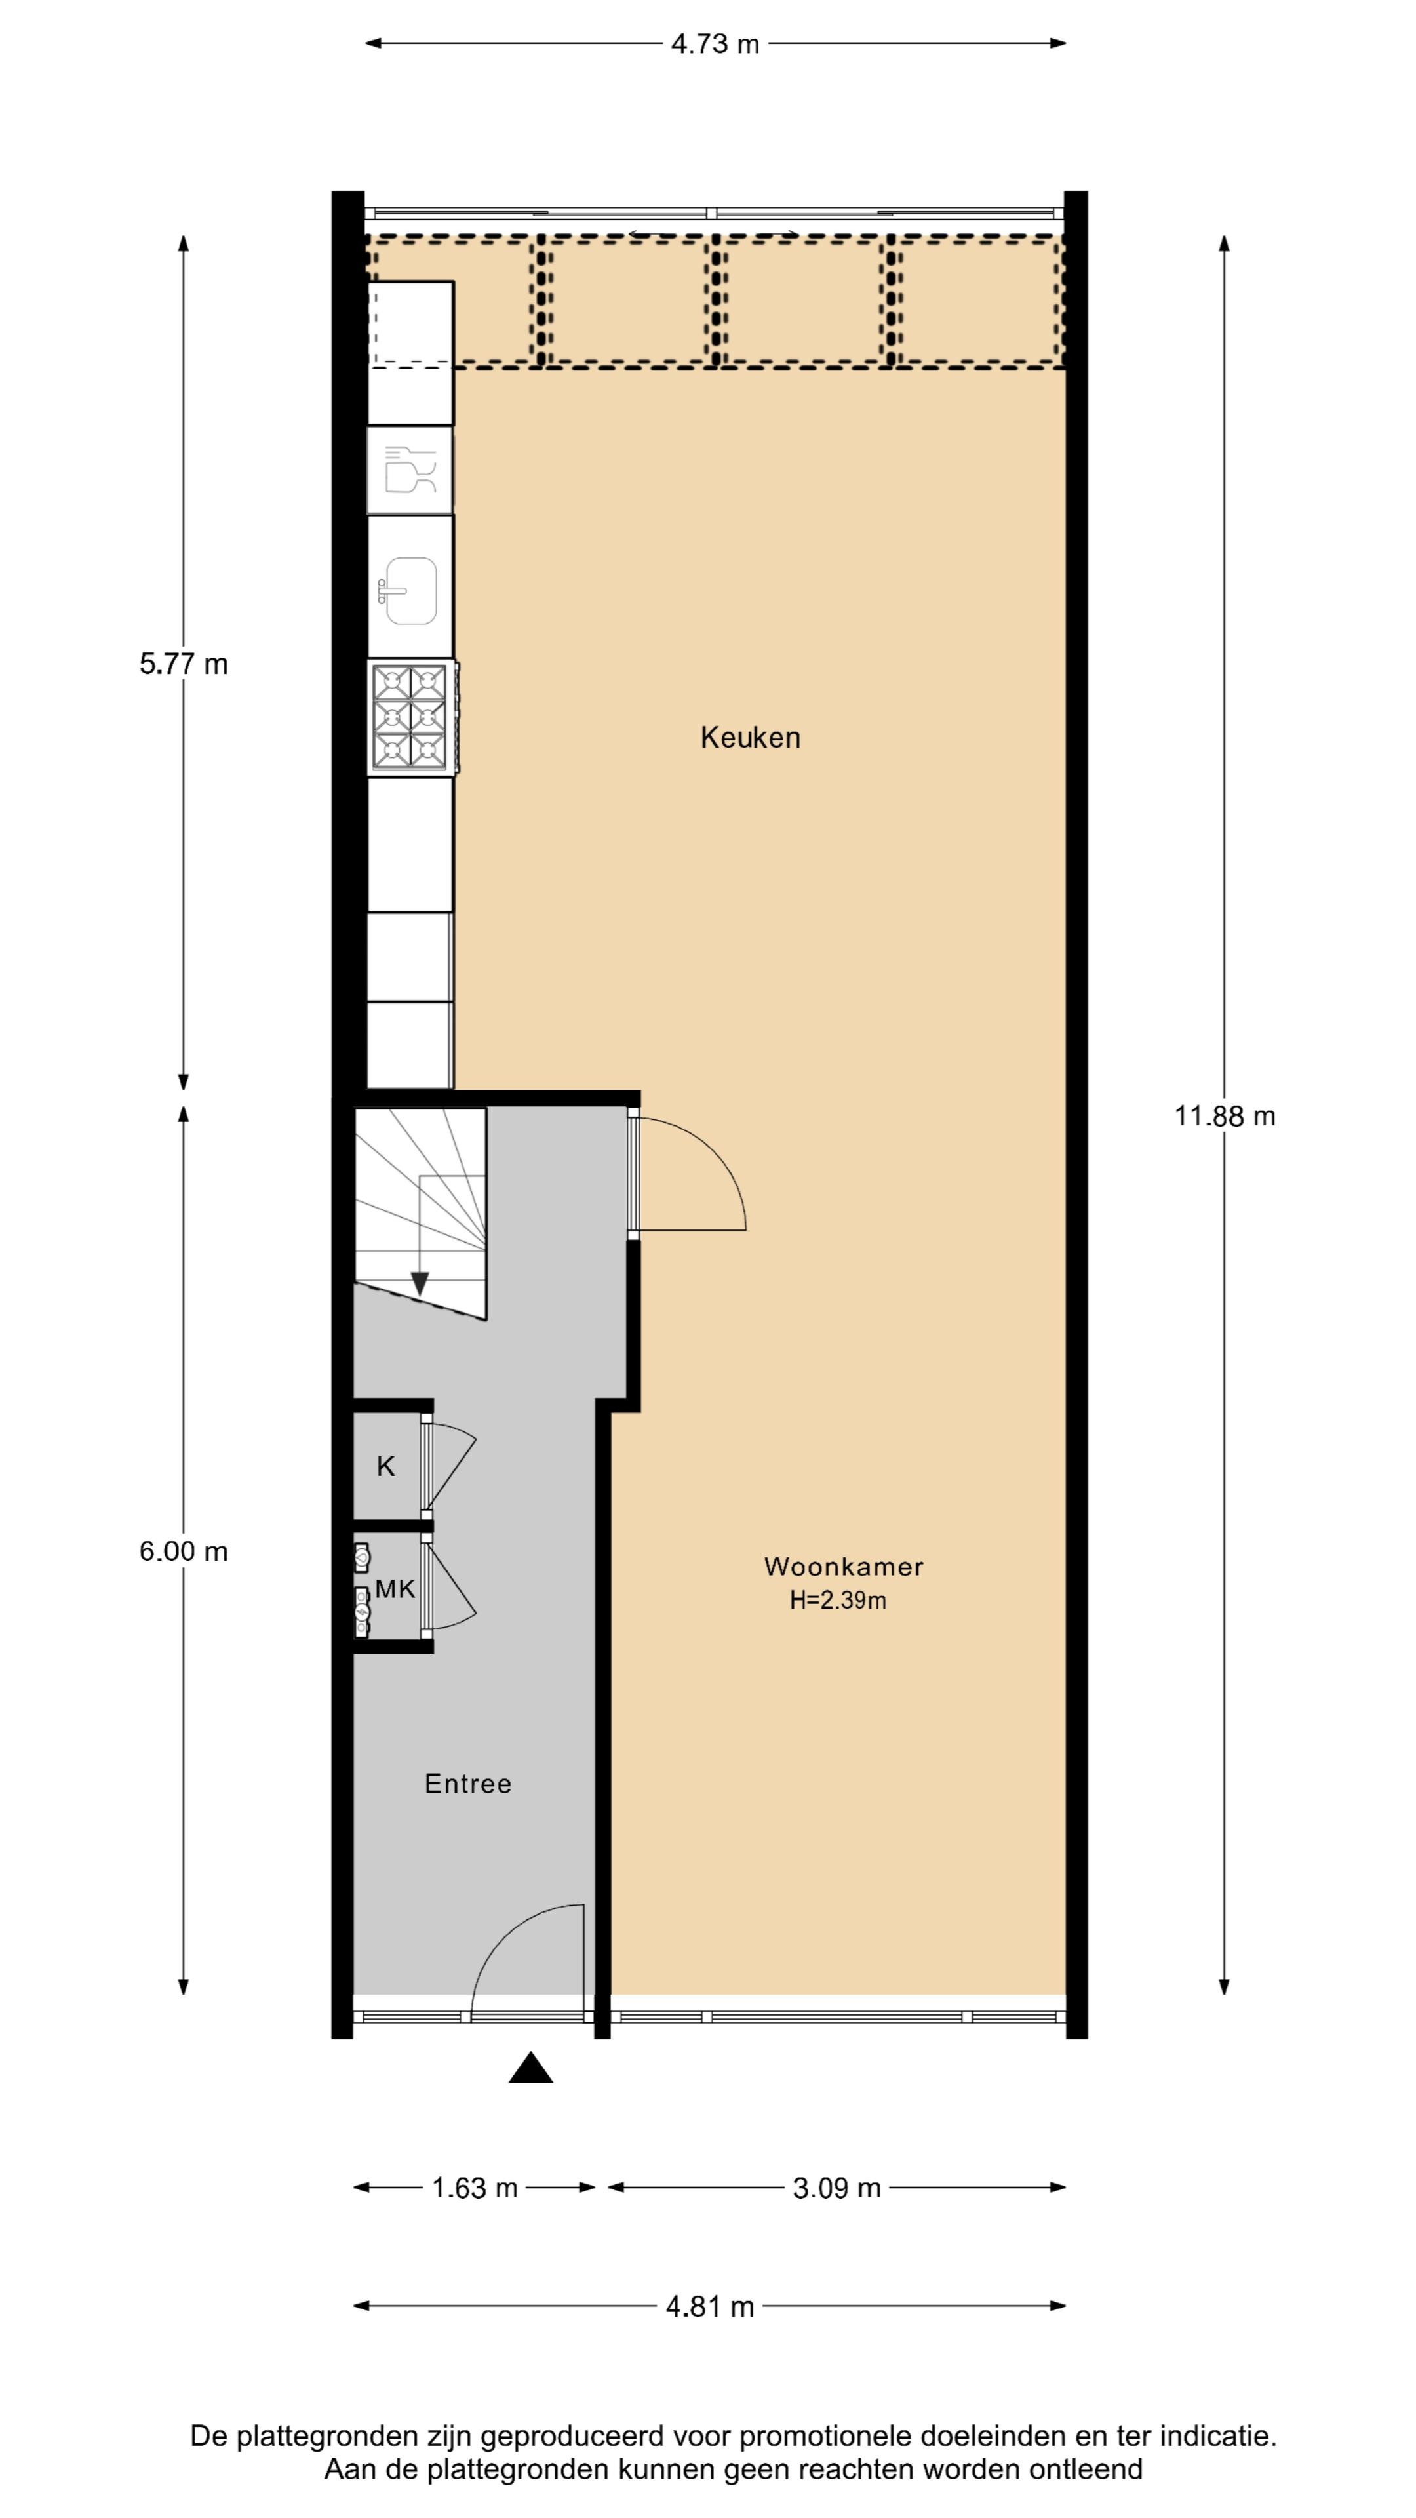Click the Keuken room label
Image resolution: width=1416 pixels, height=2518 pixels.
(749, 737)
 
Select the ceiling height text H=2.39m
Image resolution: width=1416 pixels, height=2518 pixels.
(838, 1600)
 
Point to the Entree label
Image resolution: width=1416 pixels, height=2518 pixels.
(467, 1784)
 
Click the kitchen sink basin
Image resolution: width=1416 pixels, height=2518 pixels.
(410, 590)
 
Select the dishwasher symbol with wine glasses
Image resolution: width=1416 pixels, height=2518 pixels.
(410, 470)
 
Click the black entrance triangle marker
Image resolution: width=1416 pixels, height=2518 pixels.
(530, 2068)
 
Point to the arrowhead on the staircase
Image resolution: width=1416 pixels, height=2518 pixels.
(420, 1283)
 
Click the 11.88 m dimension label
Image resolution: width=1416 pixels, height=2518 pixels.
(1225, 1115)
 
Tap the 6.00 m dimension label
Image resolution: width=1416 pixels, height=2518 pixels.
(184, 1551)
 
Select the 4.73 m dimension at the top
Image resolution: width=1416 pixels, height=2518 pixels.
(715, 44)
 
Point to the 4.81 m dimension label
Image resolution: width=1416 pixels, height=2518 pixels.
(709, 2307)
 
